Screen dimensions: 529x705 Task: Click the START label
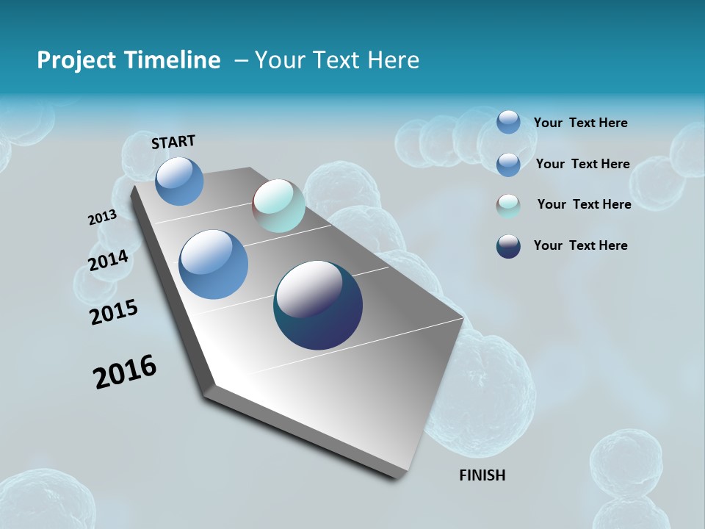(173, 142)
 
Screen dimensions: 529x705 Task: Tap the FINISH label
(482, 475)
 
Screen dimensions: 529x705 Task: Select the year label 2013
(102, 217)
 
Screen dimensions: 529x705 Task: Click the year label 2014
(108, 261)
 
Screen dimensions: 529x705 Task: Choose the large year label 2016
(125, 371)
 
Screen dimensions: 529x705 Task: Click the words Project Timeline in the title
(129, 60)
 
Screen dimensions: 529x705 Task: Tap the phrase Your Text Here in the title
(337, 60)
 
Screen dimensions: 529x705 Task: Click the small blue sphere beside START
(179, 181)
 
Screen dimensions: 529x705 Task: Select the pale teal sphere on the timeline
(279, 206)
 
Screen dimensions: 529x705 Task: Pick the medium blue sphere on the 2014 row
(214, 264)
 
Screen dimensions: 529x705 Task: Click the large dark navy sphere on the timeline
(318, 305)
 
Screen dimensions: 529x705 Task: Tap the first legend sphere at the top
(508, 122)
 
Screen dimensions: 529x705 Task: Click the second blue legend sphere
(508, 165)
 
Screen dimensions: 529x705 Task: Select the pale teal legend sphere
(508, 206)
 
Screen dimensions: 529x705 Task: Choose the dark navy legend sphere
(508, 246)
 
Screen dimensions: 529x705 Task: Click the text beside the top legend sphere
(580, 123)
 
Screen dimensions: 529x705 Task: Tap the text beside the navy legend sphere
(580, 245)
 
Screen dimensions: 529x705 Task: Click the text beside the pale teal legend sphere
(584, 204)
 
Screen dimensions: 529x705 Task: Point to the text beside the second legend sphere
(582, 164)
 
